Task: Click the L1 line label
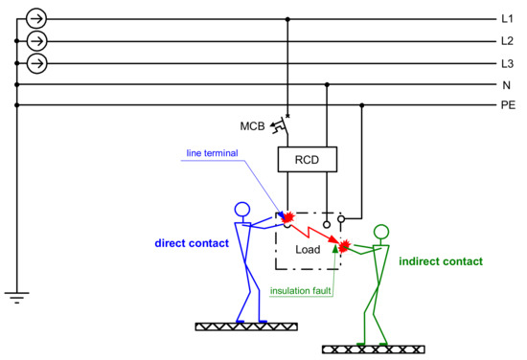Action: tap(507, 18)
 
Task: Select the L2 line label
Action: tap(507, 41)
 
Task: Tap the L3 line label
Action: tap(507, 63)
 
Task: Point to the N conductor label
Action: tap(505, 85)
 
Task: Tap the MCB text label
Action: tap(253, 125)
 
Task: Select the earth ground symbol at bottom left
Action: tap(16, 296)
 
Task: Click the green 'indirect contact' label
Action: tap(441, 260)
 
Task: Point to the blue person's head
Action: tap(241, 209)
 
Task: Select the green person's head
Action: tap(381, 231)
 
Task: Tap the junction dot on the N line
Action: tap(328, 85)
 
